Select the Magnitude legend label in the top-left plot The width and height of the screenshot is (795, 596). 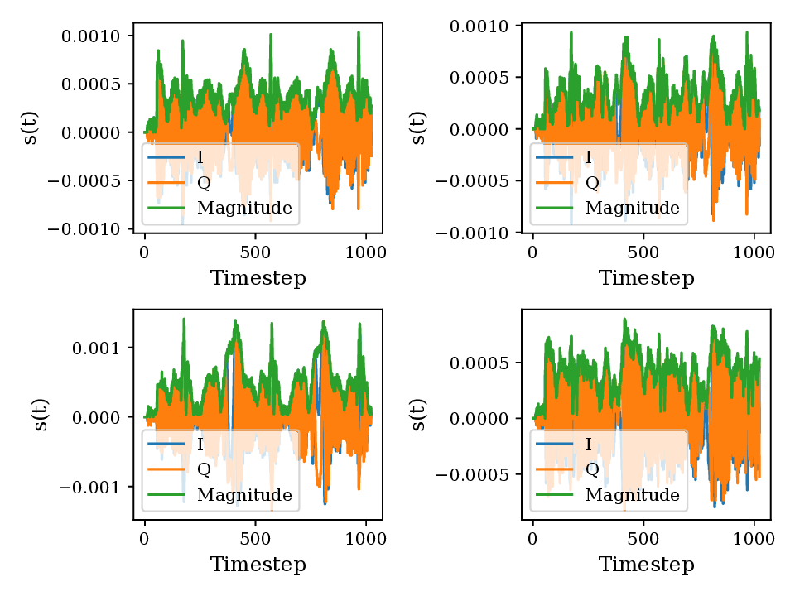tap(244, 208)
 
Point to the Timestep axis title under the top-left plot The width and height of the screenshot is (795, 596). tap(258, 278)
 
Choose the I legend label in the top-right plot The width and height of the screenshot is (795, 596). tap(589, 157)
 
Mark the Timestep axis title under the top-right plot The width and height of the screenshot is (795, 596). tap(646, 278)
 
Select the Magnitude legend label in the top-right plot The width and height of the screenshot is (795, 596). tap(632, 208)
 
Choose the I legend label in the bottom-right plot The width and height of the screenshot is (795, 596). tap(589, 445)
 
